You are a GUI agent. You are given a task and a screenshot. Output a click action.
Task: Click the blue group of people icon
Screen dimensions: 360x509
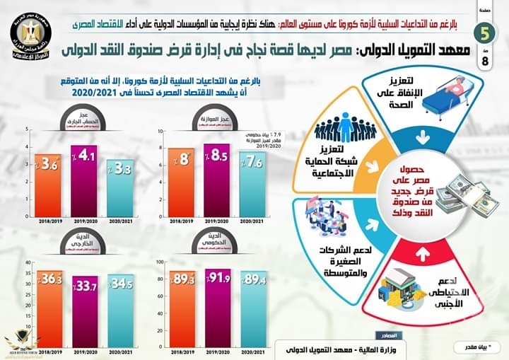pyautogui.click(x=344, y=130)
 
